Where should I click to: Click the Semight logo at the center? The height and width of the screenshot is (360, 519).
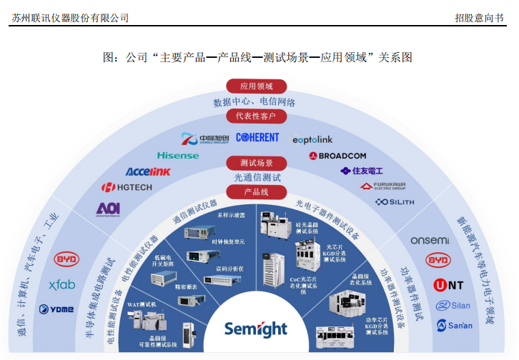click(255, 329)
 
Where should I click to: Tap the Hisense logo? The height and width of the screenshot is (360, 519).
click(178, 155)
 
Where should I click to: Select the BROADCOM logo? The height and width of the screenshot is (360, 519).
click(337, 155)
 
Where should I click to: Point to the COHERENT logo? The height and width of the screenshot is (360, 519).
click(262, 137)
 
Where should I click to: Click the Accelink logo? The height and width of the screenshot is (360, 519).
click(148, 171)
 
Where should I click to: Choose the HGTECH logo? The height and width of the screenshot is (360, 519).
click(127, 188)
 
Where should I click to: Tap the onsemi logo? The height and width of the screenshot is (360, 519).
click(430, 241)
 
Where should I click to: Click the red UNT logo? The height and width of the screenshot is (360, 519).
click(448, 285)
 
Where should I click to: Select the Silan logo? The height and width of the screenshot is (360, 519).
click(453, 306)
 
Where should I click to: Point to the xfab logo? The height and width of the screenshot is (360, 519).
click(62, 284)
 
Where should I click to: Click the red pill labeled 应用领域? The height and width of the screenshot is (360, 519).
click(256, 86)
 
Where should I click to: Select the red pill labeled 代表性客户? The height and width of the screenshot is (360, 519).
click(256, 116)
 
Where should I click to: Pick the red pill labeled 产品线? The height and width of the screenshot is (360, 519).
click(256, 192)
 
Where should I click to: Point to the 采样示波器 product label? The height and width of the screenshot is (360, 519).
click(232, 214)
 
